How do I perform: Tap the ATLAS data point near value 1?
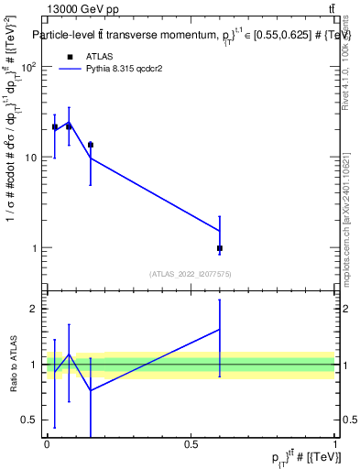click(220, 248)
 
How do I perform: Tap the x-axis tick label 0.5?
click(191, 444)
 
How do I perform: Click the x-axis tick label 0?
click(47, 444)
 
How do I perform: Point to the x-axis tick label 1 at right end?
click(334, 444)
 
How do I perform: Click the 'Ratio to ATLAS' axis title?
click(14, 364)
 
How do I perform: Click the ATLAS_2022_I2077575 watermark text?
click(191, 273)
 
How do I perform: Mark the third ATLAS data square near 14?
click(90, 145)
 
